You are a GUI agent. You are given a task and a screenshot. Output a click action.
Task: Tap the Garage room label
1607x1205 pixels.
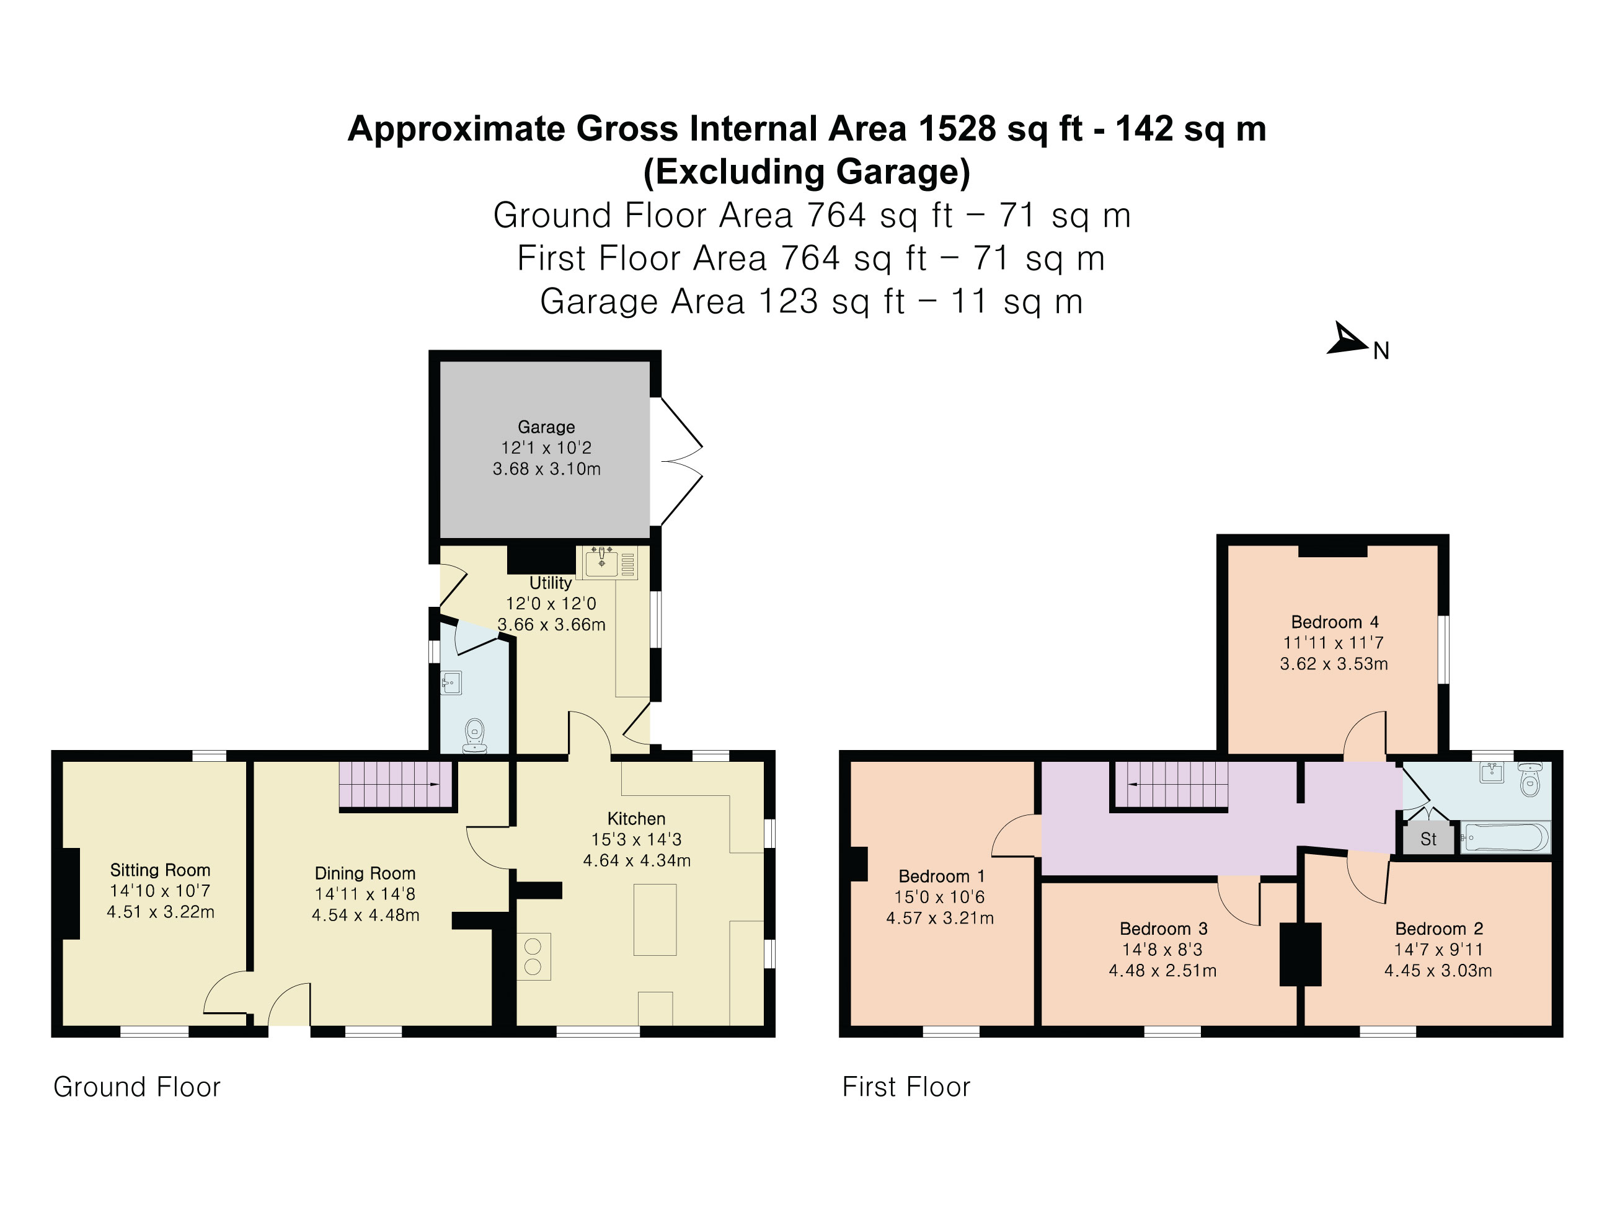click(546, 427)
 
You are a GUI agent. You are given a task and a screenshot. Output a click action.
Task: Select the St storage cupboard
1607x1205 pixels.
click(1428, 839)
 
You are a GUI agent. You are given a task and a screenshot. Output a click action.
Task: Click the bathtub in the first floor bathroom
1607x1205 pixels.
click(1505, 837)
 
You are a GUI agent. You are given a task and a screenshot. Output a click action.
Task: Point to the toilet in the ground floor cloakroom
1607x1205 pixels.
click(474, 735)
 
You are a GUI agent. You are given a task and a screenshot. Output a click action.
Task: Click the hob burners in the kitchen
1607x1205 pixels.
click(533, 956)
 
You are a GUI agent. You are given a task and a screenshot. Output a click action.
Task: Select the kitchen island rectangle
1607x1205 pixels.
click(655, 919)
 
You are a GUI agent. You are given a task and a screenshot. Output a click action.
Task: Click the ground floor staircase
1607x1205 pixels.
click(396, 785)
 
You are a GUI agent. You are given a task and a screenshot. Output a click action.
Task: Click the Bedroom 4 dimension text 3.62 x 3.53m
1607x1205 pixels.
click(1334, 664)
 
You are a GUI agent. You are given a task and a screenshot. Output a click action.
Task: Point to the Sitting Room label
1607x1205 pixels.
click(160, 870)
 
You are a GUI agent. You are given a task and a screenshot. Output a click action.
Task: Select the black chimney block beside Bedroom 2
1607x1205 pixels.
click(1299, 954)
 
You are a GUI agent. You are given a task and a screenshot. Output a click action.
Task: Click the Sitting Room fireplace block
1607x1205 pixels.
click(71, 893)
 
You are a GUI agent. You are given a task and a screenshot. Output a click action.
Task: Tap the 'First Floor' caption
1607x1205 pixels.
click(906, 1087)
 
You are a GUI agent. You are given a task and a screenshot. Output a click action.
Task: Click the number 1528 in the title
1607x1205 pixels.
click(957, 130)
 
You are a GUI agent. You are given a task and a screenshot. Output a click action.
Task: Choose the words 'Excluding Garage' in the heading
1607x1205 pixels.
click(807, 172)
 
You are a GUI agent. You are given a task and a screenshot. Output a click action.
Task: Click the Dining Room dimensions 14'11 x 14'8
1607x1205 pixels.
click(365, 894)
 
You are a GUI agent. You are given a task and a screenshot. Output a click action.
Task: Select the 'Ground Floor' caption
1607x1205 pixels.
click(136, 1087)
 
